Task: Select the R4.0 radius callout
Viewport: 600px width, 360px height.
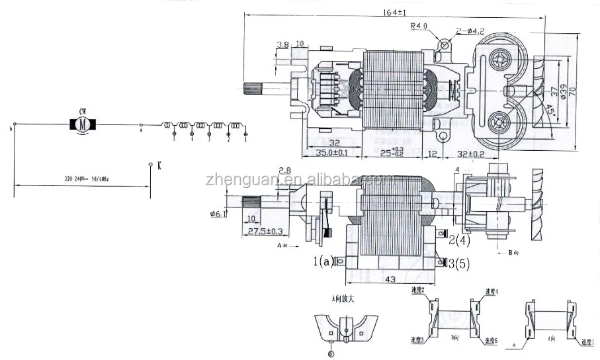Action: [x=419, y=26]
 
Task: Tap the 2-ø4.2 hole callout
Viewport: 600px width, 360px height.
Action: [x=470, y=30]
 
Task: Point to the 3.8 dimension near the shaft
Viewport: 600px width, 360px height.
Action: [x=282, y=45]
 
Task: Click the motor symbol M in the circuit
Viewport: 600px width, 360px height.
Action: [x=83, y=124]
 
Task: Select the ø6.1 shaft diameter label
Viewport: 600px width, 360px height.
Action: [x=218, y=212]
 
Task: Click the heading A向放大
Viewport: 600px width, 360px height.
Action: [x=343, y=298]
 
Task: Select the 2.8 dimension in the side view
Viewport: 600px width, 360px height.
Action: [x=285, y=171]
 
